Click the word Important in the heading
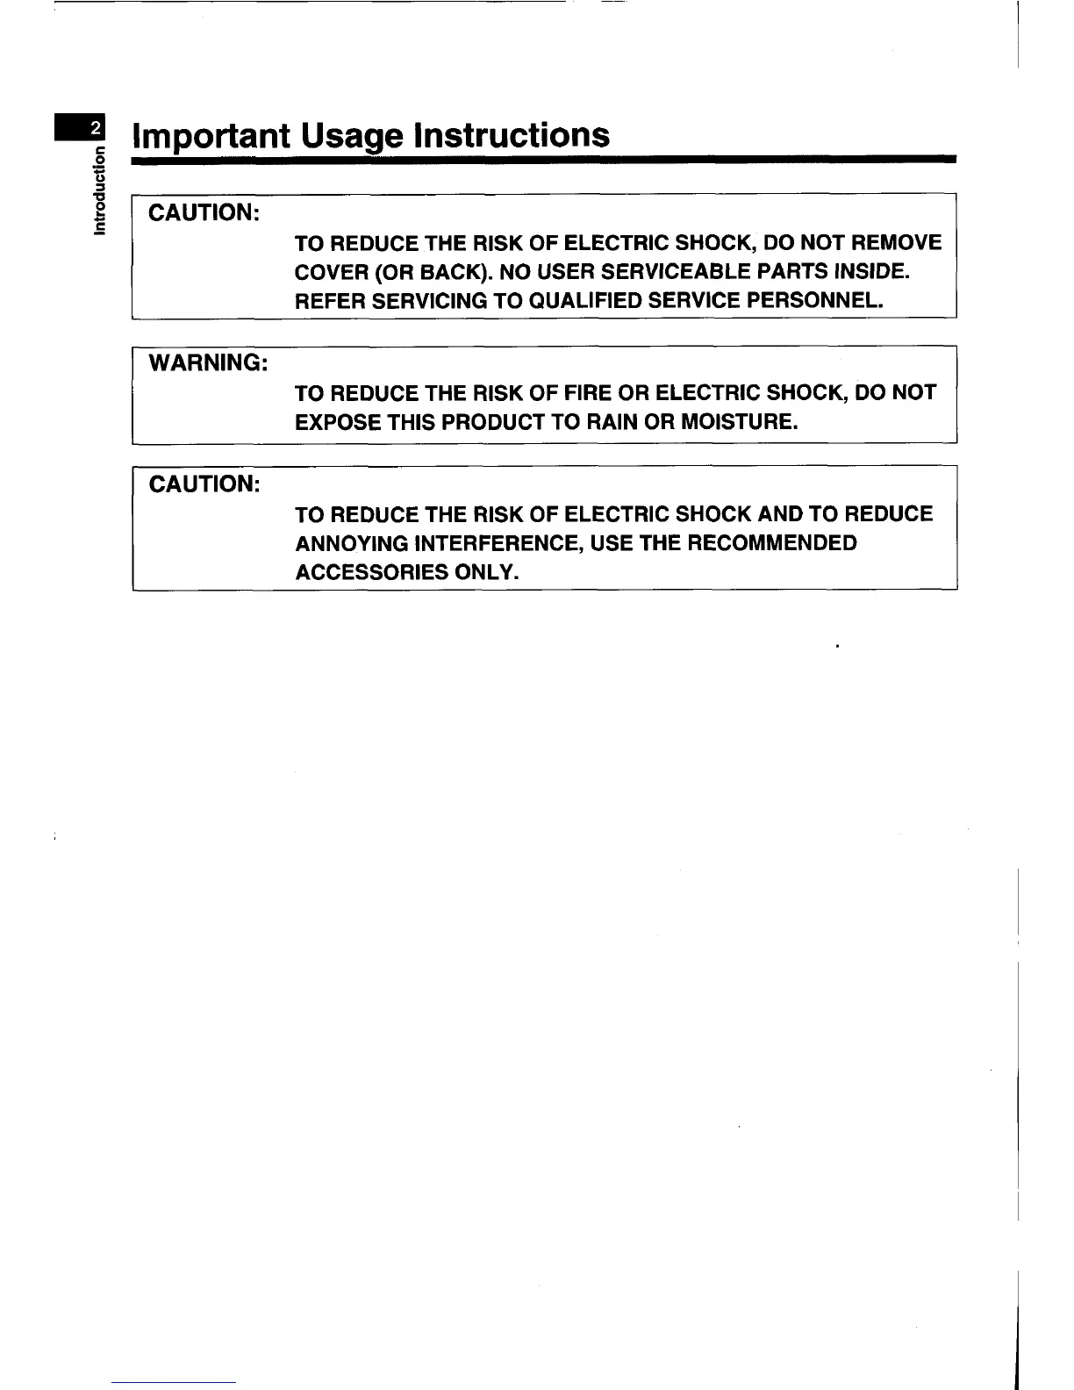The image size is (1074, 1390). coord(211,136)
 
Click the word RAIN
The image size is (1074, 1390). coord(609,422)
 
